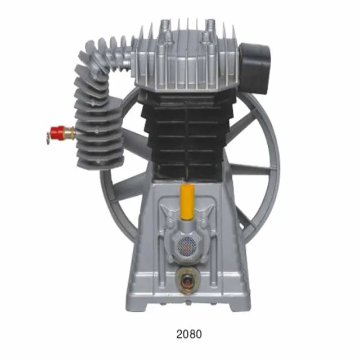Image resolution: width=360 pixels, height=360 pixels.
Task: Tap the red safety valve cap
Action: [56, 134]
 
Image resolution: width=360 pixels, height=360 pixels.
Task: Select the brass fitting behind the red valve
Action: [69, 133]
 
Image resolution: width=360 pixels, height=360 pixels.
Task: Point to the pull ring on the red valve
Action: [43, 135]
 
